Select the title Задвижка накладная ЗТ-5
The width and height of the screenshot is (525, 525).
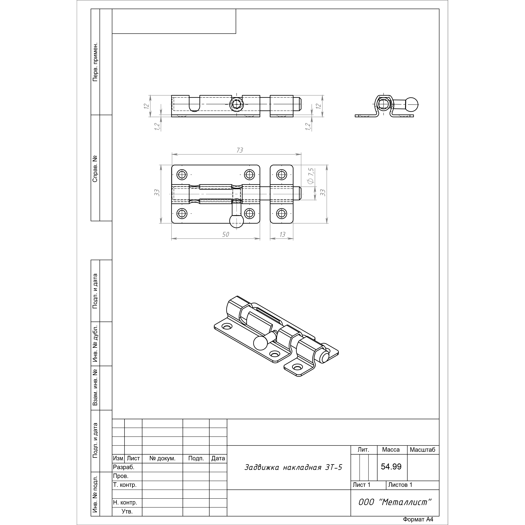click(x=293, y=467)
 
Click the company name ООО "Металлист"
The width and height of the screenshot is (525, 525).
click(x=395, y=502)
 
